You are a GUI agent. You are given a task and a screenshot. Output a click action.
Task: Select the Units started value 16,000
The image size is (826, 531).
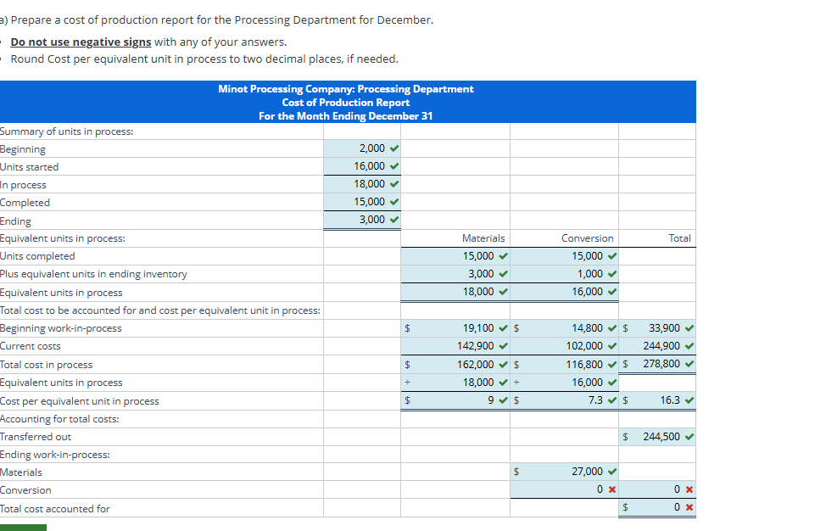(x=370, y=166)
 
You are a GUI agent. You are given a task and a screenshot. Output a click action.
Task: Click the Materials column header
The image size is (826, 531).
(x=483, y=238)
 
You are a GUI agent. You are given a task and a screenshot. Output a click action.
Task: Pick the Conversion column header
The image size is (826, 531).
(x=588, y=238)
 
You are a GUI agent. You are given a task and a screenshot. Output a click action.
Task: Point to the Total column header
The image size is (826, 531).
(x=679, y=238)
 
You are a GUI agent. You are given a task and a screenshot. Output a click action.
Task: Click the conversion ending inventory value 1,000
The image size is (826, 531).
(x=590, y=274)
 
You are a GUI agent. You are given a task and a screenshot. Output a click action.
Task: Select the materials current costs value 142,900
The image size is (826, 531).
(x=476, y=346)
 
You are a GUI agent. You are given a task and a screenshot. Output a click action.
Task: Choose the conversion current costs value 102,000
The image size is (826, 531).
(x=585, y=346)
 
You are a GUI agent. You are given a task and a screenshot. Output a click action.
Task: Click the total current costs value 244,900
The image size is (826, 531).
(x=662, y=346)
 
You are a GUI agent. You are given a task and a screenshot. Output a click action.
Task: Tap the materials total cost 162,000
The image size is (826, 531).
(x=476, y=365)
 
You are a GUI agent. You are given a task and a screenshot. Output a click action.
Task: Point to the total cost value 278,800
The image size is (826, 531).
(x=662, y=365)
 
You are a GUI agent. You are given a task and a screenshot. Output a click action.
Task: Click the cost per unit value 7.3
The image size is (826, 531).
(x=596, y=400)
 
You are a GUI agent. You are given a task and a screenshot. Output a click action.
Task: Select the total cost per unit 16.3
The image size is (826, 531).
(x=669, y=400)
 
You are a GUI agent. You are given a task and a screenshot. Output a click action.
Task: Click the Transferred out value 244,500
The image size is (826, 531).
(x=662, y=437)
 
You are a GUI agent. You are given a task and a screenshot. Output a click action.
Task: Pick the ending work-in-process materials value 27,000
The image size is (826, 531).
(x=588, y=472)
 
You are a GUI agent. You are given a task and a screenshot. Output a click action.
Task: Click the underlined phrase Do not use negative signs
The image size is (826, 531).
(x=81, y=42)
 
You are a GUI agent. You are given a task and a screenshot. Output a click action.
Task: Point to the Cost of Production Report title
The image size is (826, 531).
(x=346, y=103)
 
